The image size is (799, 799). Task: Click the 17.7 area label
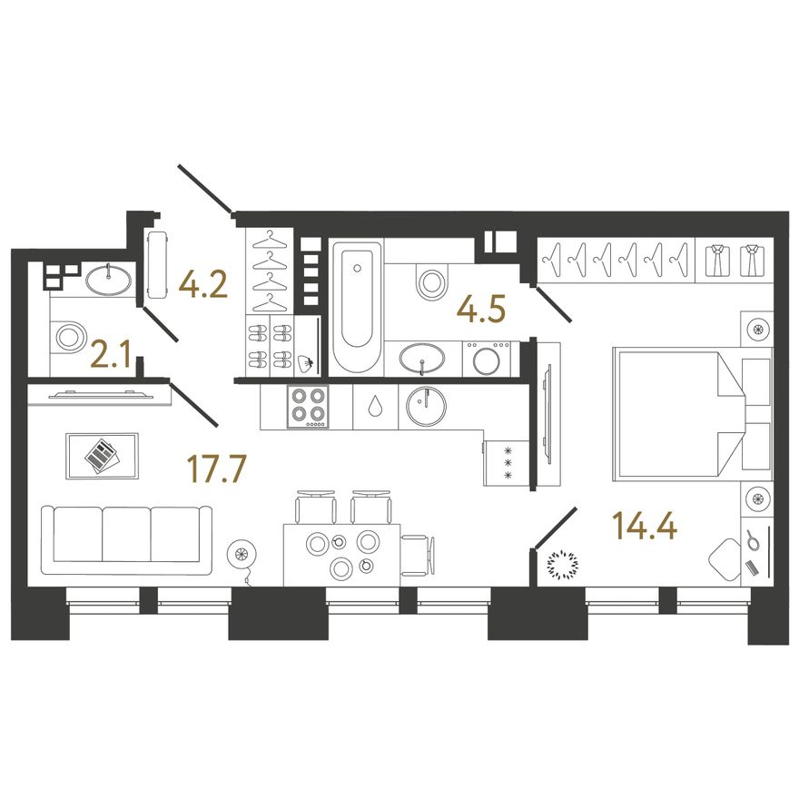point(217,469)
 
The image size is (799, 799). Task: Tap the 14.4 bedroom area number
point(645,526)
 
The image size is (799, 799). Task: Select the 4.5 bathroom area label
point(481,310)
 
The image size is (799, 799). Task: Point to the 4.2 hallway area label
point(202,285)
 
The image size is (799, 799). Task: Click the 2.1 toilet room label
point(111,355)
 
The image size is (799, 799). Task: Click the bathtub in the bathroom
point(357,308)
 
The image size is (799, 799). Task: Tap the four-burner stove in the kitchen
point(308,407)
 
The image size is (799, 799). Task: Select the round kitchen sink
point(427,406)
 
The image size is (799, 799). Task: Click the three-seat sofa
point(126,540)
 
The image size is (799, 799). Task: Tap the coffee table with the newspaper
point(102,456)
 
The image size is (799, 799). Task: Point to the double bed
point(693,414)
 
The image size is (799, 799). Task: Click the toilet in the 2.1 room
point(68,336)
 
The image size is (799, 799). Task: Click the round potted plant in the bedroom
point(563,564)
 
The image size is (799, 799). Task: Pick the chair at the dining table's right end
point(418,555)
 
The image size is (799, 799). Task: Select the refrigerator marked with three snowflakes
point(507,463)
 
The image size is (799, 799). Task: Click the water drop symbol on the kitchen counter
point(376,406)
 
